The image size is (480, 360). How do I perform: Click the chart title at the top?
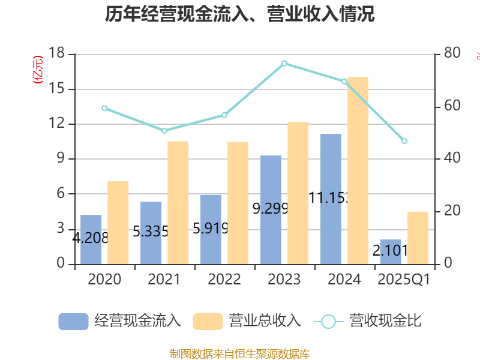[x=239, y=14]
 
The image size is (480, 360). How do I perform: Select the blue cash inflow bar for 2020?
[x=91, y=239]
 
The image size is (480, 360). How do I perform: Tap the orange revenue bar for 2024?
[x=358, y=170]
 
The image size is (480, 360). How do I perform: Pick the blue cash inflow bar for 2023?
[x=271, y=209]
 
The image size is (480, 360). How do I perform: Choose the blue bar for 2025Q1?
[x=391, y=251]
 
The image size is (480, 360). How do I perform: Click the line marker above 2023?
[x=284, y=63]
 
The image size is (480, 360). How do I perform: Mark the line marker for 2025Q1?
[x=404, y=141]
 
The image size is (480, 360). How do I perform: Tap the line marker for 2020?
[x=104, y=108]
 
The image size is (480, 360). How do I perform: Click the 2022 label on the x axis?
[x=224, y=280]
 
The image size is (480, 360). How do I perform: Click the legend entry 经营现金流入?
[x=120, y=321]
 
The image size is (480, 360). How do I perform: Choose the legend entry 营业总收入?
[x=247, y=321]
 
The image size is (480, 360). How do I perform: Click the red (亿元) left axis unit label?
[x=38, y=70]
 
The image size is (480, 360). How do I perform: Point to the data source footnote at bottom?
[x=239, y=353]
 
